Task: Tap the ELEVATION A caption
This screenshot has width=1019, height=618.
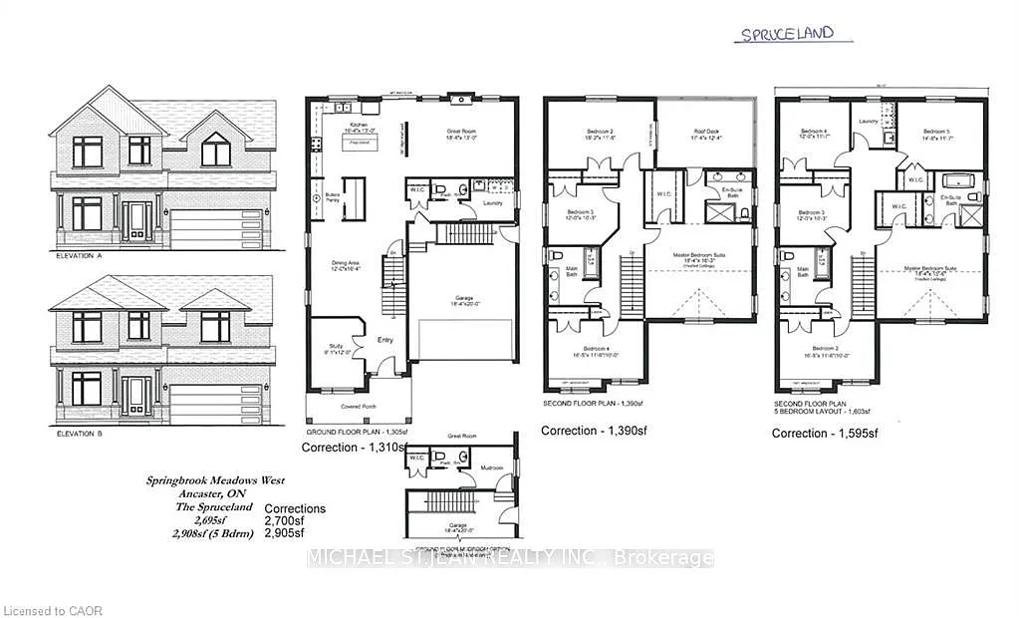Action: [81, 256]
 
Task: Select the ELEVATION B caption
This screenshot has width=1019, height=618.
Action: [81, 436]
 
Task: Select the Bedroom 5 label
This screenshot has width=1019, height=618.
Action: [937, 133]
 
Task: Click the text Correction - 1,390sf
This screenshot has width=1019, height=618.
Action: [588, 431]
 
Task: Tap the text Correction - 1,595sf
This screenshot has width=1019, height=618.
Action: [824, 434]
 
